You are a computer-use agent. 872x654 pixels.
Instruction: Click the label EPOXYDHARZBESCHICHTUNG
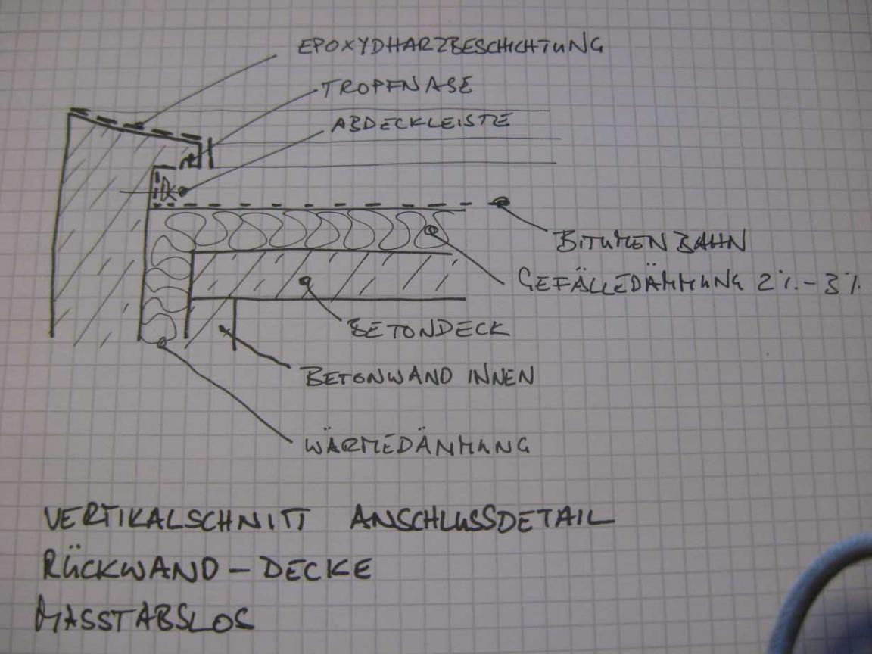[x=450, y=45]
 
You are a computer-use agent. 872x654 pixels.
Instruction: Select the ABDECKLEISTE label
[x=421, y=123]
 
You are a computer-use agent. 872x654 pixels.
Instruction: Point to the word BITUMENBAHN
[x=649, y=241]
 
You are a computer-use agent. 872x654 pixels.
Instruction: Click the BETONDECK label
[x=428, y=328]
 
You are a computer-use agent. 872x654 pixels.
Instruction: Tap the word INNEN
[x=501, y=376]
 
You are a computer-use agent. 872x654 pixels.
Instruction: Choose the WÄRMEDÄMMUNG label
[x=416, y=445]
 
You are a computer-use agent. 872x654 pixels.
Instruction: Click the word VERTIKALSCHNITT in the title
[x=175, y=519]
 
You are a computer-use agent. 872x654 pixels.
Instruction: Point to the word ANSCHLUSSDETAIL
[x=481, y=519]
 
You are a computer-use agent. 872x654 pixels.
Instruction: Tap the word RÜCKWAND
[x=131, y=566]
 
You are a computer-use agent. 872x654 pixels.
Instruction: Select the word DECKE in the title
[x=316, y=568]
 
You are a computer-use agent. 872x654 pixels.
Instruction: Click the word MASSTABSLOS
[x=144, y=615]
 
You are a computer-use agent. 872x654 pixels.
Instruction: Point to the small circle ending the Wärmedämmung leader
[x=162, y=343]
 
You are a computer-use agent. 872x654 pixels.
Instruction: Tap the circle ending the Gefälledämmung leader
[x=431, y=230]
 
